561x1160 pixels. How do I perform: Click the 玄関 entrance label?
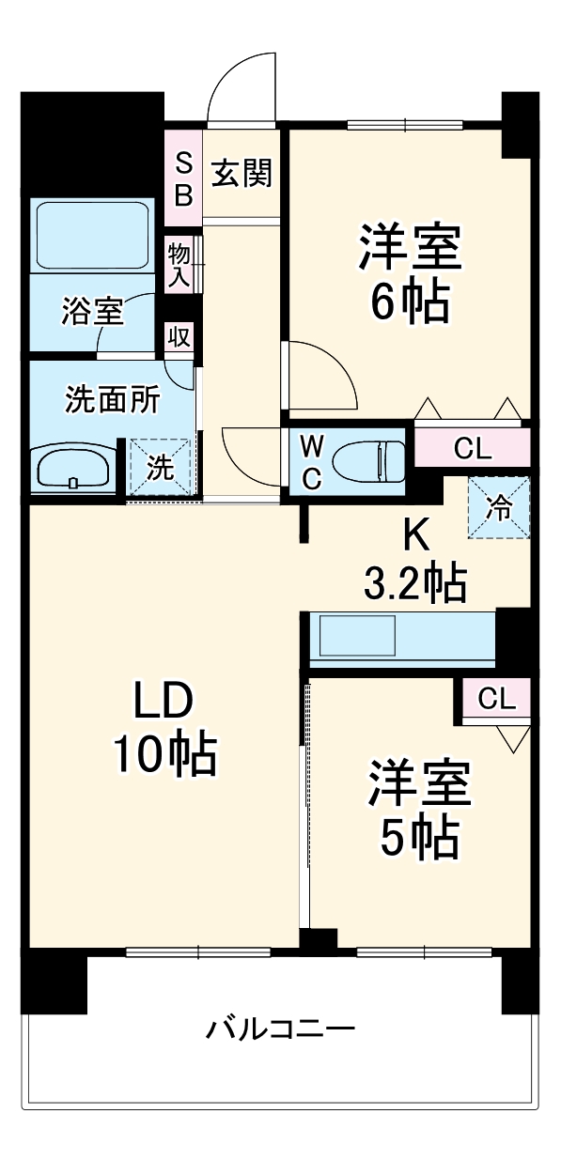(242, 173)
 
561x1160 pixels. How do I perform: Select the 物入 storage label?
(179, 264)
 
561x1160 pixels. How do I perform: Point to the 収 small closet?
(179, 335)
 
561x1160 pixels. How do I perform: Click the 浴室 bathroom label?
(92, 311)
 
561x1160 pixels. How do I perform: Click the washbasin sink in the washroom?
(73, 467)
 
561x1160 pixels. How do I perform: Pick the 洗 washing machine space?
(161, 467)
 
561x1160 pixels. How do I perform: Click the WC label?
(311, 460)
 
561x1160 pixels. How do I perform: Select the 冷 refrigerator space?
(499, 507)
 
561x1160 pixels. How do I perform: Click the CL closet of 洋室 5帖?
(495, 698)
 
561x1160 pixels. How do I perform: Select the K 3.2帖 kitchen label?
(414, 561)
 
